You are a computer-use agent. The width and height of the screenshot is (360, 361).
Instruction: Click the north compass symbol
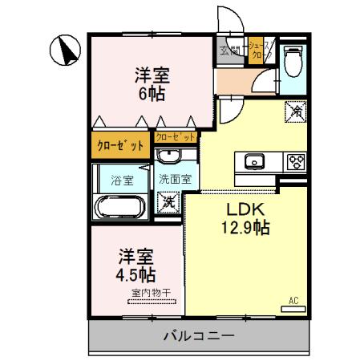(66, 51)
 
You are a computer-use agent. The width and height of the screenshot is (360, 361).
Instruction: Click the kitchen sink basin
(254, 160)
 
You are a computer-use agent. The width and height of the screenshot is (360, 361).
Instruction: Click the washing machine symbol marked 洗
(169, 201)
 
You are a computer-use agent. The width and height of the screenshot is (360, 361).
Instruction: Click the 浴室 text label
(119, 180)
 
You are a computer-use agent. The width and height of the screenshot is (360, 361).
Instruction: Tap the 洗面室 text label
(173, 180)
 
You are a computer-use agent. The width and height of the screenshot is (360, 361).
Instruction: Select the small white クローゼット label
(175, 138)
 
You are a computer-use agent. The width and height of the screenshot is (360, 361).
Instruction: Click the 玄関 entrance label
(230, 51)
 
